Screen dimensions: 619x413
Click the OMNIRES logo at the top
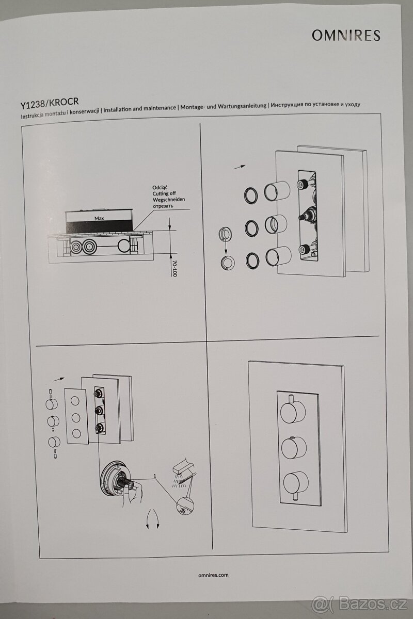tap(346, 36)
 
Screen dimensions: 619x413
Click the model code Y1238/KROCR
tap(49, 105)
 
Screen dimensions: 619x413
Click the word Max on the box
tap(99, 218)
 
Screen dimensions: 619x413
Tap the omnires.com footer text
tap(213, 575)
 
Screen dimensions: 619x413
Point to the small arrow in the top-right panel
tap(239, 167)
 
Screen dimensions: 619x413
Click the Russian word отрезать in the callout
tap(163, 206)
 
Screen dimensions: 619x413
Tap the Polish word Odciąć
tap(160, 187)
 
